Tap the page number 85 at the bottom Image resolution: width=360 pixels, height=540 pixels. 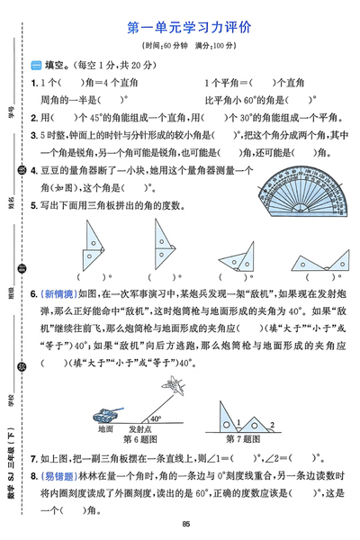coord(184,526)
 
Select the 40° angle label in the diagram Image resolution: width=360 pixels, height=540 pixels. coord(155,418)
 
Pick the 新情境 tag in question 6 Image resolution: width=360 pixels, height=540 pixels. coord(55,293)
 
